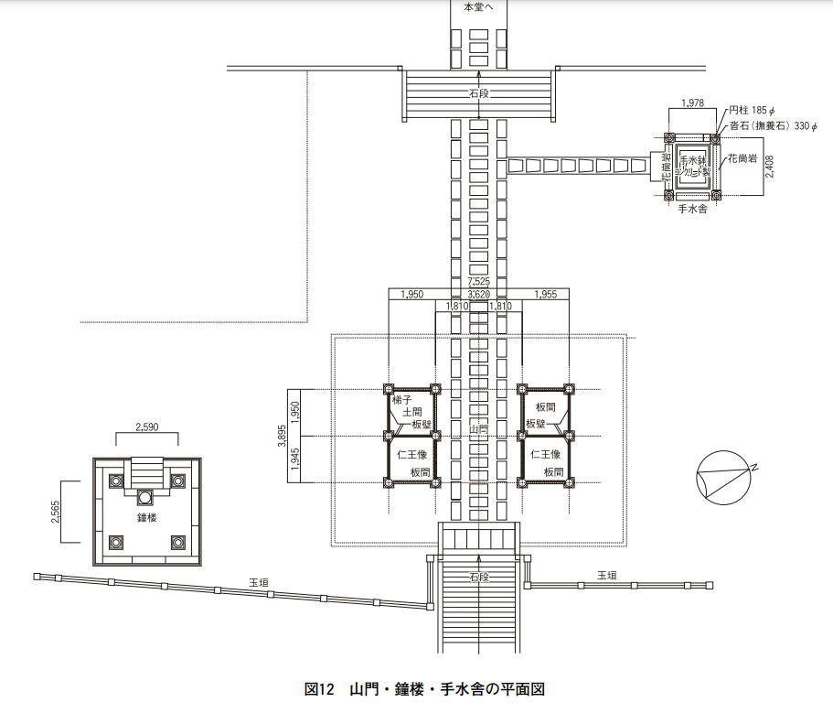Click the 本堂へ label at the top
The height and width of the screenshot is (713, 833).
(477, 6)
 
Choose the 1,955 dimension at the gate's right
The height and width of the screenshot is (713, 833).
(545, 294)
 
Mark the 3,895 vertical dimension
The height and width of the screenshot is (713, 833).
(283, 436)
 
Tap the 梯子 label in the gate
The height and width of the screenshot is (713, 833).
(403, 400)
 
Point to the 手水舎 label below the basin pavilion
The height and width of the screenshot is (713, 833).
(691, 210)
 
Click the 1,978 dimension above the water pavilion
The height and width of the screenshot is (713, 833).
(692, 103)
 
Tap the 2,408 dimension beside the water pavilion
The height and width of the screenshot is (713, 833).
(769, 167)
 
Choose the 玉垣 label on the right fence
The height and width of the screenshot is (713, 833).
(606, 575)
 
